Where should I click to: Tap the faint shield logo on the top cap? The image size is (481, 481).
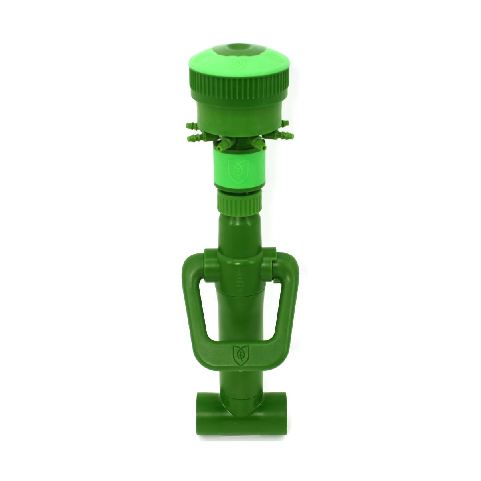pos(234,64)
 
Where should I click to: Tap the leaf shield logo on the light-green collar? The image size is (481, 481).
pos(234,168)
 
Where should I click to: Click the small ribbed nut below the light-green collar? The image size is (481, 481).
pos(240,202)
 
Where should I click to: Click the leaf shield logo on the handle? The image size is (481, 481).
pos(240,353)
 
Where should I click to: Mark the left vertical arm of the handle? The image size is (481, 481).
pos(189,305)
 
